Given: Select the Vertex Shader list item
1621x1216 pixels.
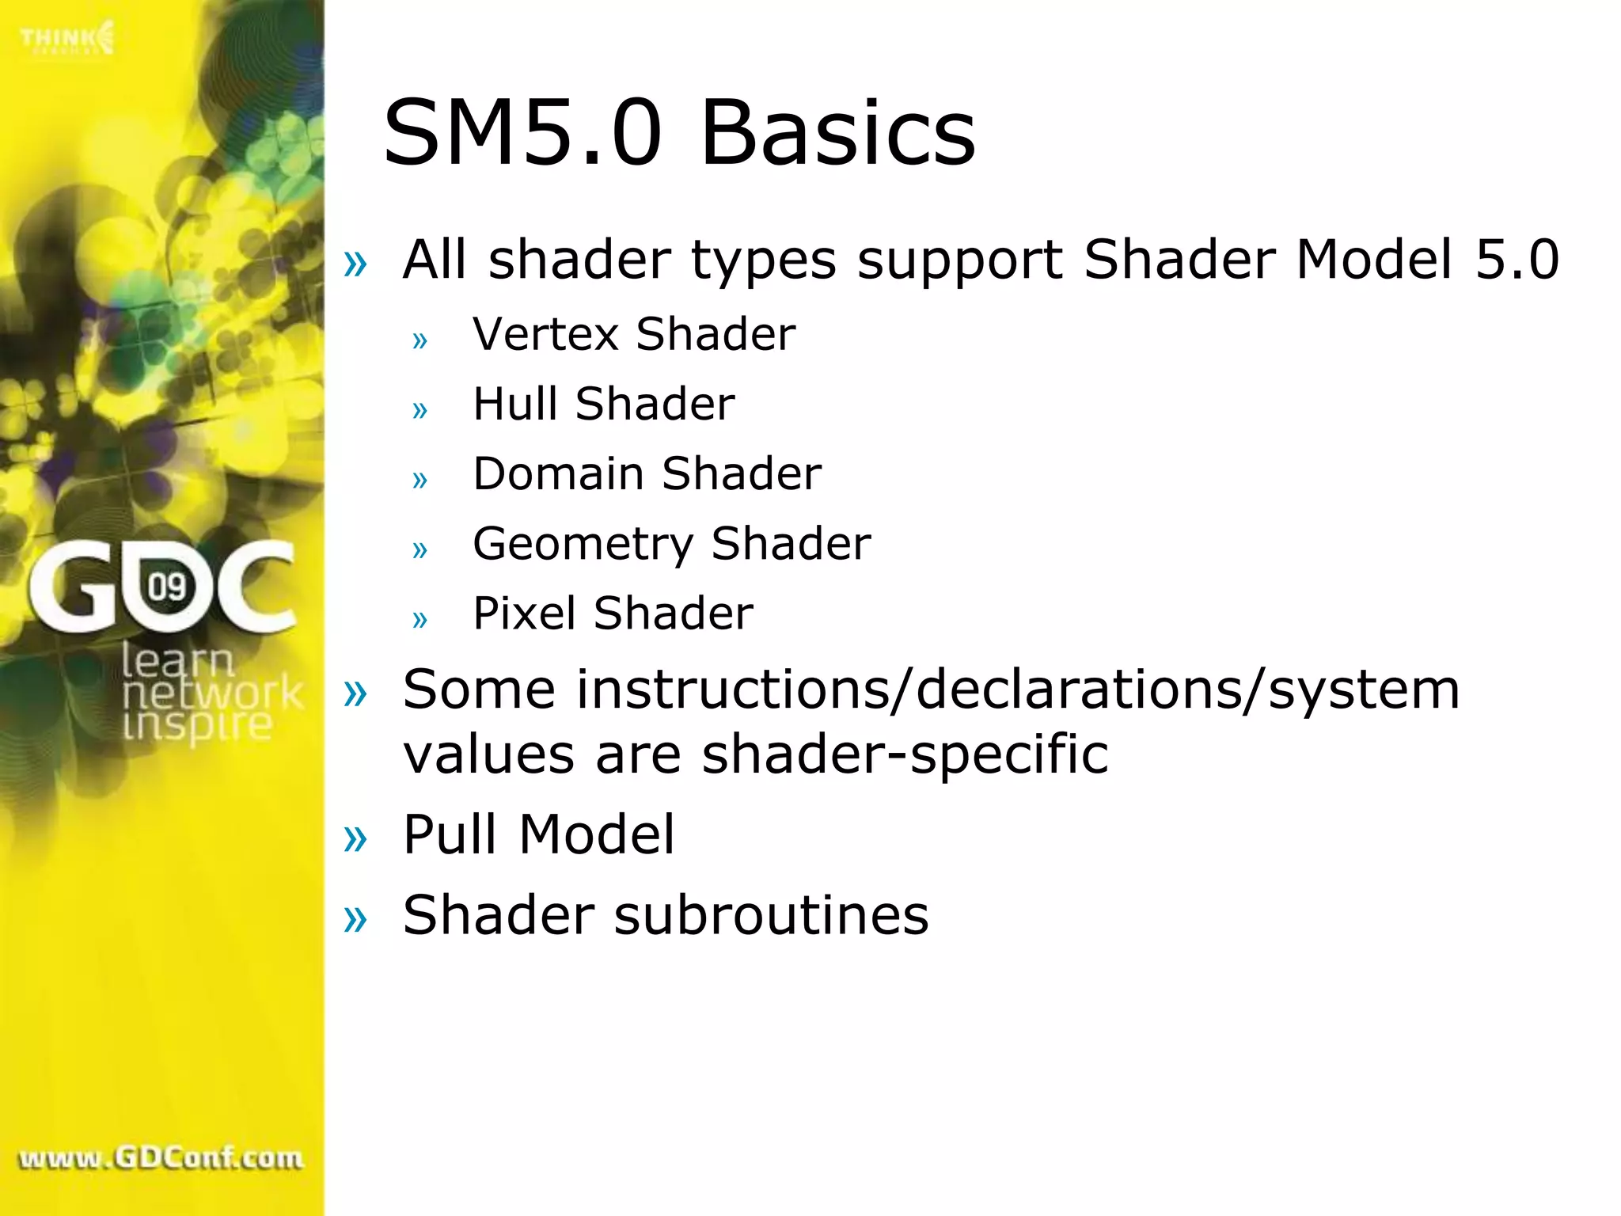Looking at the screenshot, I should pyautogui.click(x=633, y=334).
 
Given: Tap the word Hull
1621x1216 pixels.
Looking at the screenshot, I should pyautogui.click(x=514, y=404).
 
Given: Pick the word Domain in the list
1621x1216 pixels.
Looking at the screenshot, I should pyautogui.click(x=558, y=473).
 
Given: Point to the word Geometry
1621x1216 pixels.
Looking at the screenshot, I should pyautogui.click(x=583, y=545).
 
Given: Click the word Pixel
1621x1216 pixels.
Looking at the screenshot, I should pyautogui.click(x=524, y=614).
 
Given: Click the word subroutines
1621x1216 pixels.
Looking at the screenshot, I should pyautogui.click(x=771, y=915).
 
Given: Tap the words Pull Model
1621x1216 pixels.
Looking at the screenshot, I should pyautogui.click(x=538, y=834).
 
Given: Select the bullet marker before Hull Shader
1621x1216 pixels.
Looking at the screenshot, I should pyautogui.click(x=419, y=410).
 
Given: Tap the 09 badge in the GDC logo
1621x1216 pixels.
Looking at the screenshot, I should pyautogui.click(x=167, y=587).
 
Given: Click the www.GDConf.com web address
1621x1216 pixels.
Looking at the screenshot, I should pyautogui.click(x=161, y=1159).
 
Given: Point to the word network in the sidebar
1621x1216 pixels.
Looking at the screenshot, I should pyautogui.click(x=212, y=693).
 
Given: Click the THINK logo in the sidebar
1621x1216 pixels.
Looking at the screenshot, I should pyautogui.click(x=67, y=38).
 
